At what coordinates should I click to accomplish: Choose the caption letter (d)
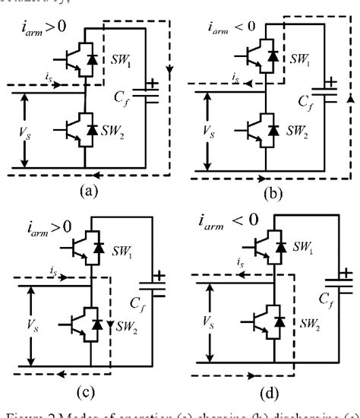pyautogui.click(x=269, y=393)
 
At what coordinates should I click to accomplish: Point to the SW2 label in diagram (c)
pyautogui.click(x=125, y=325)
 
